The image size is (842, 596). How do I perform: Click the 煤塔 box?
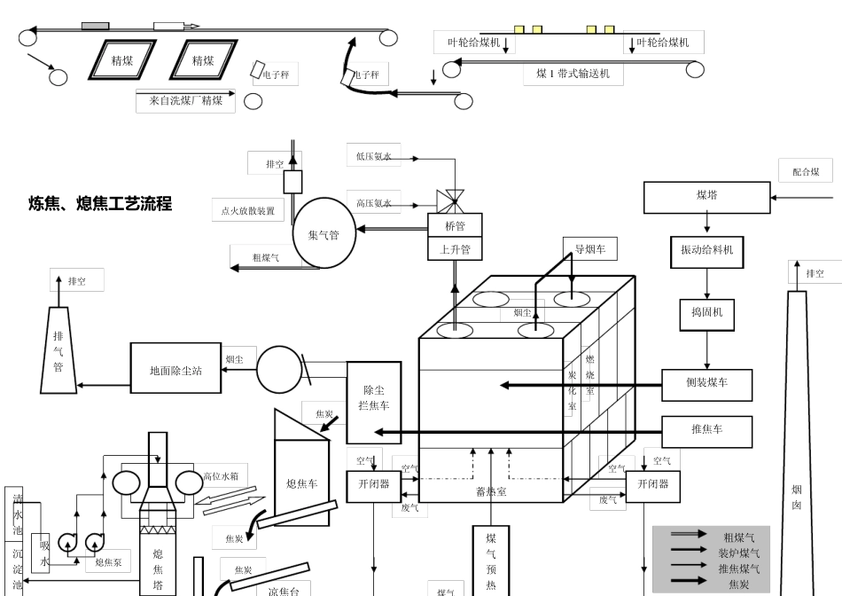pos(706,197)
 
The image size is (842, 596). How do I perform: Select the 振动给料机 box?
pos(706,251)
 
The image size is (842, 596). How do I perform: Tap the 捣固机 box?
pos(706,313)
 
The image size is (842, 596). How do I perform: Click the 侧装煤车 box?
pos(706,385)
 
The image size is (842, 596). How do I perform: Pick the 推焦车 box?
pos(706,430)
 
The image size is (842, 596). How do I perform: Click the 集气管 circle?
pos(324,234)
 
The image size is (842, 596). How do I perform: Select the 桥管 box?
pos(455,225)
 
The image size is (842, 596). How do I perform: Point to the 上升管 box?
pos(455,249)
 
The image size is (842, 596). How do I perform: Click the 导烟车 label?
pos(589,249)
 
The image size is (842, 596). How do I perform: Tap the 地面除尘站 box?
pos(175,369)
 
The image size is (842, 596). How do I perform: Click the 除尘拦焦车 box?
pos(373,402)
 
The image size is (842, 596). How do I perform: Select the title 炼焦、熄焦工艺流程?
pos(100,204)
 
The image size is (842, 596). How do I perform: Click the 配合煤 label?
pos(806,171)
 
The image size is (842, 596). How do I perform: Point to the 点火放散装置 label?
pos(247,211)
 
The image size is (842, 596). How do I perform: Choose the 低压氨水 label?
pos(373,156)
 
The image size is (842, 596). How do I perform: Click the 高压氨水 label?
pos(373,204)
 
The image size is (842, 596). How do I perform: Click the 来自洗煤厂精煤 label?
pos(186,101)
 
